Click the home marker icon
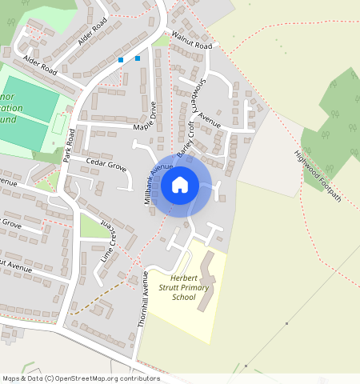180,185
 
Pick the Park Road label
73,146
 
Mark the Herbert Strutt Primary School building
206,282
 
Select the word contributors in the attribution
138,378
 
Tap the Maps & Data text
22,378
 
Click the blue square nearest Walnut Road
138,58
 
